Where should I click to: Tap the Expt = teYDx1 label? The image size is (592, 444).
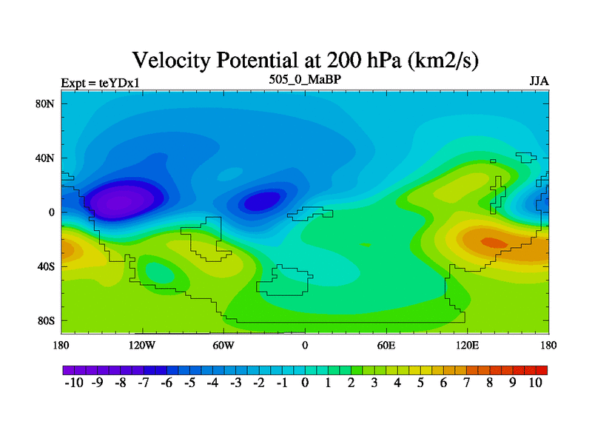tap(101, 82)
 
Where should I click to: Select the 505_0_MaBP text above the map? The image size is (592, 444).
tap(305, 78)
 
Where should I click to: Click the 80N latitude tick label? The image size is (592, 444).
tap(46, 104)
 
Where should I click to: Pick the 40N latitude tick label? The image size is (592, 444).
tap(46, 158)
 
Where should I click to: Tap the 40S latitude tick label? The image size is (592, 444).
tap(46, 266)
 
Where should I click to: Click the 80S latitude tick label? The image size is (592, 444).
tap(46, 320)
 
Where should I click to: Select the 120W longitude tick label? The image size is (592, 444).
tap(141, 345)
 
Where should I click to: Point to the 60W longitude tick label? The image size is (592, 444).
tap(223, 345)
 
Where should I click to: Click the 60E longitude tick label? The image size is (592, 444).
tap(386, 345)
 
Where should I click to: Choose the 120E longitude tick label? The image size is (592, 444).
tap(468, 345)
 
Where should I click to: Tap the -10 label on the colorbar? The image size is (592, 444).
tap(75, 383)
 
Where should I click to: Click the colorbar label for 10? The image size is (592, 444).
tap(536, 383)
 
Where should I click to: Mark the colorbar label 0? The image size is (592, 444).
tap(305, 383)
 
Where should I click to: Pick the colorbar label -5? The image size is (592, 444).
tap(189, 383)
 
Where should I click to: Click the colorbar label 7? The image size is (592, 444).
tap(466, 383)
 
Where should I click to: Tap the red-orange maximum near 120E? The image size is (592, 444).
tap(493, 242)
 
